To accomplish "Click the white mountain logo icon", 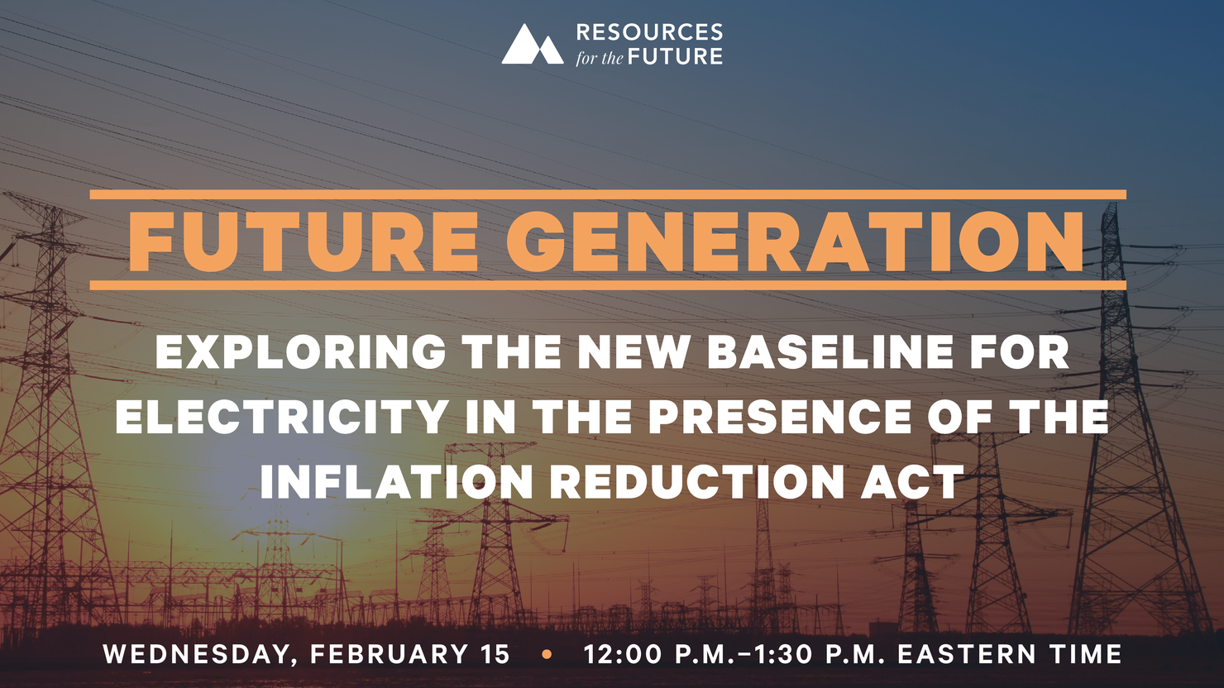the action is [x=533, y=44].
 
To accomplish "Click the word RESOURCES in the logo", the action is [x=650, y=32].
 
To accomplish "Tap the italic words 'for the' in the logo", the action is [x=600, y=57].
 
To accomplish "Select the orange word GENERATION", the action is [x=795, y=241].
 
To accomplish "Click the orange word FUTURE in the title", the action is [x=304, y=241].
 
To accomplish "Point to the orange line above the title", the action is [x=608, y=194].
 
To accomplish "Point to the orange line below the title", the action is [x=608, y=285].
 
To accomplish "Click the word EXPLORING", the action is [x=301, y=352].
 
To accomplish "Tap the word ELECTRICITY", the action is [x=282, y=417].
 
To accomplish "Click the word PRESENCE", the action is [x=780, y=417].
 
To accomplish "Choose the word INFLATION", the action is [x=396, y=481].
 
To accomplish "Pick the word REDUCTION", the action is [x=696, y=481].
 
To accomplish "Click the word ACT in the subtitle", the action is [x=912, y=481].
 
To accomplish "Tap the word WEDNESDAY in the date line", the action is [x=197, y=655].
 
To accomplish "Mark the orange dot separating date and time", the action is [x=547, y=654].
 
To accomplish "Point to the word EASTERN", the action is [x=967, y=654].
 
